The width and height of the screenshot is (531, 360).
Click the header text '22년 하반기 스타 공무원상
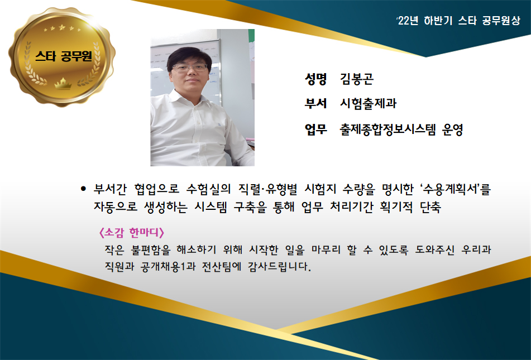click(458, 21)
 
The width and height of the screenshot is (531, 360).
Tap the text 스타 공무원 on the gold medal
click(63, 56)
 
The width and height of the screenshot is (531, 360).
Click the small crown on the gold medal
click(63, 83)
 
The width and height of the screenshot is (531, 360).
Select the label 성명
click(315, 79)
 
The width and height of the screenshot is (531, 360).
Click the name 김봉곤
click(357, 79)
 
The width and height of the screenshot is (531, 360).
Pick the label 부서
click(315, 103)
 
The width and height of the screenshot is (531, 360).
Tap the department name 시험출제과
click(368, 103)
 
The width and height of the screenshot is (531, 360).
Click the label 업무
click(315, 129)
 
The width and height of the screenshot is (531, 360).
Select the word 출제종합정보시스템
click(388, 129)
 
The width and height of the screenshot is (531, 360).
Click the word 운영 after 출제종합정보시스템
click(452, 129)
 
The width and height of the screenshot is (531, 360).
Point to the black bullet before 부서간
click(83, 189)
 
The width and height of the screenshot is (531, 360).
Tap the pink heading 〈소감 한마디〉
click(132, 233)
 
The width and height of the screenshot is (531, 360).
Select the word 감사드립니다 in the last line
click(279, 267)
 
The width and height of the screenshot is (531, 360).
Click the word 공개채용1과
click(168, 267)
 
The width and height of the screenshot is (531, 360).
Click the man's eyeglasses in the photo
click(190, 67)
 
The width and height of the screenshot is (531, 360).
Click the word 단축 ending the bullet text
click(430, 207)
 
